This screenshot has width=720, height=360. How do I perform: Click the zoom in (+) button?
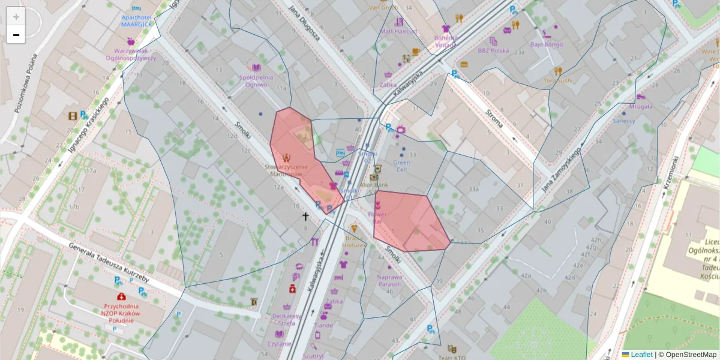click(x=16, y=17)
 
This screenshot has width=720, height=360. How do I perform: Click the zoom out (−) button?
click(x=16, y=35)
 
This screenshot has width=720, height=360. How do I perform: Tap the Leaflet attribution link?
click(x=641, y=355)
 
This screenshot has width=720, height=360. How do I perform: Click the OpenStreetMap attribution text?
click(x=691, y=355)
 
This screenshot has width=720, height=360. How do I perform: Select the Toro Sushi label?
click(x=558, y=80)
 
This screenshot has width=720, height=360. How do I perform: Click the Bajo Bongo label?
click(x=546, y=44)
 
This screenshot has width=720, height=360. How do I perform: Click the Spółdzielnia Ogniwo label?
click(x=256, y=80)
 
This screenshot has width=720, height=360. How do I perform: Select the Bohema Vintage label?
click(x=446, y=40)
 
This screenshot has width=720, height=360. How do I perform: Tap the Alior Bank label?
click(x=374, y=185)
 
